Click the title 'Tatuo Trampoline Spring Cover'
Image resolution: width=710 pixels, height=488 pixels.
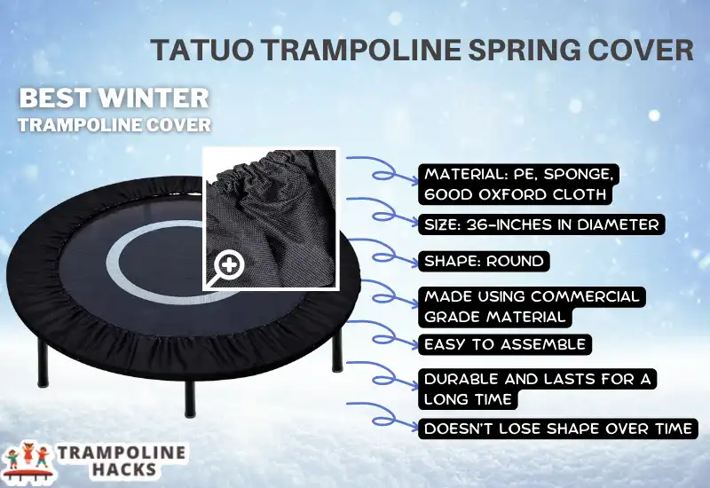(x=421, y=49)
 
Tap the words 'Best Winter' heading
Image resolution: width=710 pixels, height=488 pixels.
(x=114, y=98)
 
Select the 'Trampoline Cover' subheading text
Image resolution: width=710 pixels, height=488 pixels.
(x=114, y=124)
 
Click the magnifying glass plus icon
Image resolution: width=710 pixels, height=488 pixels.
(x=230, y=264)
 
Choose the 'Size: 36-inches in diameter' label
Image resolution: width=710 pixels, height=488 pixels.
(x=541, y=224)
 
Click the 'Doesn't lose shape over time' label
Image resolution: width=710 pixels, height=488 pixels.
(x=556, y=429)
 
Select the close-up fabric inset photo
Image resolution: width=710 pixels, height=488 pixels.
(x=270, y=217)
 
